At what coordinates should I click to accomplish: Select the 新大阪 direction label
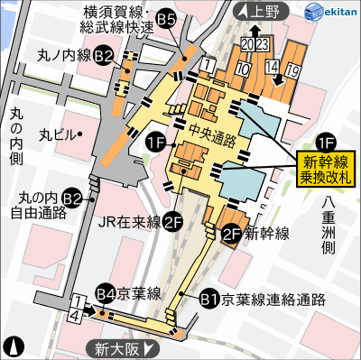122,346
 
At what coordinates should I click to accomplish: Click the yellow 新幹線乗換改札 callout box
327,170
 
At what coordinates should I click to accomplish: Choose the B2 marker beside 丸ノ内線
104,56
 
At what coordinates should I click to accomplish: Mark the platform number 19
292,69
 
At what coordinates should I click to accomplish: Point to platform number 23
262,42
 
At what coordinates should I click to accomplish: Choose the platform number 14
271,68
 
